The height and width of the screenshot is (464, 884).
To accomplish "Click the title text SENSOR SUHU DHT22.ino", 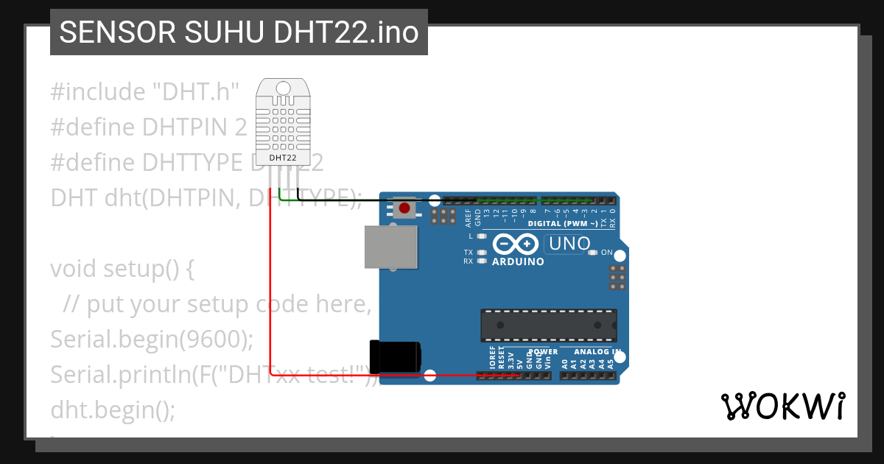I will tap(239, 32).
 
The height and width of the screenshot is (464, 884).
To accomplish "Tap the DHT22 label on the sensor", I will tap(283, 158).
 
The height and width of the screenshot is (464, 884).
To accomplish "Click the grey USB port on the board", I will tap(390, 247).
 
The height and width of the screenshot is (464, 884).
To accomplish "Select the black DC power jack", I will tap(396, 357).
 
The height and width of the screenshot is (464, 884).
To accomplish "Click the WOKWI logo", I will tap(782, 406).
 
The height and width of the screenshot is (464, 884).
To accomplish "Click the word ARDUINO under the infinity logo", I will tap(518, 261).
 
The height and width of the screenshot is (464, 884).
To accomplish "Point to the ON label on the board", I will tap(607, 253).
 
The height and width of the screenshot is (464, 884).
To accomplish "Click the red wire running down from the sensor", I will tap(270, 295).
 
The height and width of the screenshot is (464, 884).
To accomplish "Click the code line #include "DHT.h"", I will tap(145, 92).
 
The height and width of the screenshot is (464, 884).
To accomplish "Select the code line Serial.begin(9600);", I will tap(152, 340).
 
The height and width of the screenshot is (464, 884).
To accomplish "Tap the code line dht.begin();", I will tap(113, 409).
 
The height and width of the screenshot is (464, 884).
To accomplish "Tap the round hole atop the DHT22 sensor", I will tap(284, 88).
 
